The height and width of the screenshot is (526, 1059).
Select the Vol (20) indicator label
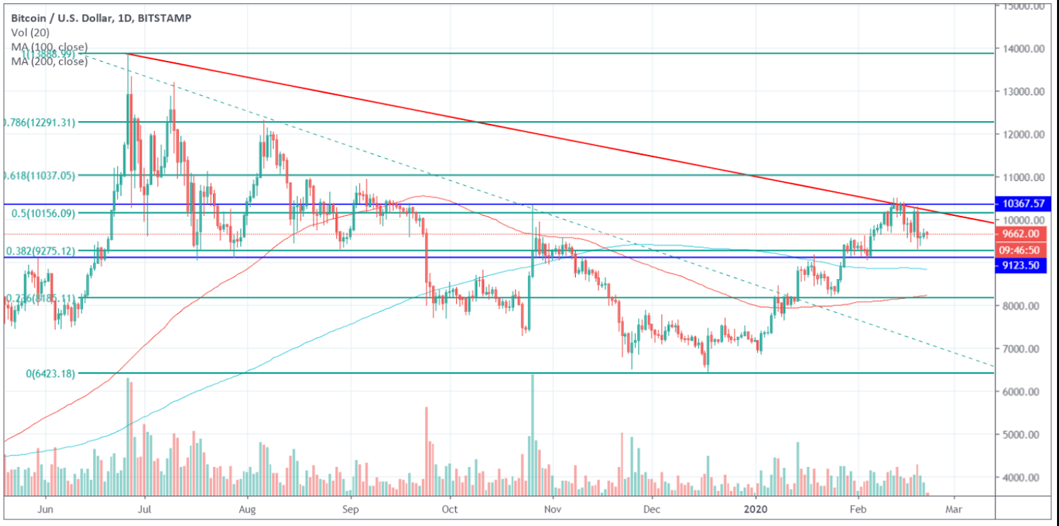click(x=30, y=32)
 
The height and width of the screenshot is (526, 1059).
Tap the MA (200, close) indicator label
click(x=49, y=62)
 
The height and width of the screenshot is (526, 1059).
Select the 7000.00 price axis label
click(x=1021, y=348)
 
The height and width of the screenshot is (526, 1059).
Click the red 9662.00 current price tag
click(x=1021, y=234)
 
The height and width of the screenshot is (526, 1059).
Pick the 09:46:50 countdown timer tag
click(x=1019, y=250)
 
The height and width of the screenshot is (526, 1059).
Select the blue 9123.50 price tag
click(x=1021, y=266)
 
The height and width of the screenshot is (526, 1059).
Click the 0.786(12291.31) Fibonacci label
click(x=40, y=122)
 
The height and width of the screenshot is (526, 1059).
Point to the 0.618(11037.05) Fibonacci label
click(x=40, y=176)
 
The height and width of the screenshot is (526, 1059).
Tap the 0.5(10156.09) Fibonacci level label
click(x=43, y=213)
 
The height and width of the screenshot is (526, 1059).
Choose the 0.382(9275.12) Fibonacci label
click(x=40, y=251)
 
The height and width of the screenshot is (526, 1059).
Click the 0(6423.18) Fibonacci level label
click(x=50, y=374)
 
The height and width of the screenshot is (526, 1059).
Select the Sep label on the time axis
click(x=350, y=509)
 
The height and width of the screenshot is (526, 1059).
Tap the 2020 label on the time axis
click(x=755, y=509)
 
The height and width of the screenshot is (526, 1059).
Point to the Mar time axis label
click(x=954, y=509)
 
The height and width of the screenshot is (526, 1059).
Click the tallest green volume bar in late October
click(x=532, y=434)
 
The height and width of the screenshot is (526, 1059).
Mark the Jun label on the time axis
click(x=45, y=509)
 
